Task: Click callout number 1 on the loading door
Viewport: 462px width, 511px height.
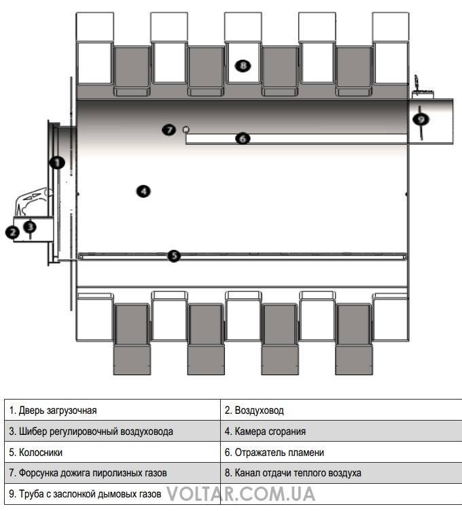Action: click(57, 162)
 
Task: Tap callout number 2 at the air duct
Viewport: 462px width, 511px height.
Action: click(13, 232)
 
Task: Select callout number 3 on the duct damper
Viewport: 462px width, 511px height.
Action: click(31, 226)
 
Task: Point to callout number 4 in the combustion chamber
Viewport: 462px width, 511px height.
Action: click(143, 191)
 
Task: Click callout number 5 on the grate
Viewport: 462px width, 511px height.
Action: click(175, 255)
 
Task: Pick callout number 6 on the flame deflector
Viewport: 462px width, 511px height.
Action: click(243, 139)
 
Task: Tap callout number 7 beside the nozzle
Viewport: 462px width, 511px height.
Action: click(169, 130)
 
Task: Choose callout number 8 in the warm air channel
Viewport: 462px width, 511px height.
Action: click(243, 66)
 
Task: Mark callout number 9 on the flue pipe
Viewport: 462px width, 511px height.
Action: click(421, 120)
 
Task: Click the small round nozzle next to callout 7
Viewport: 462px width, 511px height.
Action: click(185, 129)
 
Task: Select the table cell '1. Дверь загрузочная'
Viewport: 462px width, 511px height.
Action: click(112, 410)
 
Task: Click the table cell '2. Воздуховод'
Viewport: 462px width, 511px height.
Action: click(341, 410)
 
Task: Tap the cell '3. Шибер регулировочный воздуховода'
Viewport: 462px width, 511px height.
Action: click(112, 431)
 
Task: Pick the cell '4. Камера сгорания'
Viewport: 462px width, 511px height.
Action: click(341, 431)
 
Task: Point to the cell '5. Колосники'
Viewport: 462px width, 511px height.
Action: click(112, 452)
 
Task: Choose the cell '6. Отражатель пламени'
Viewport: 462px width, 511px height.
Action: click(341, 452)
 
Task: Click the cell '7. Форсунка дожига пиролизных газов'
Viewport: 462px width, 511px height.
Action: click(112, 472)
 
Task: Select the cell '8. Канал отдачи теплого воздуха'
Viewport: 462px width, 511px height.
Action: click(341, 472)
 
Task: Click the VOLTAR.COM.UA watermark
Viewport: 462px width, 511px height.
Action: click(241, 494)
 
